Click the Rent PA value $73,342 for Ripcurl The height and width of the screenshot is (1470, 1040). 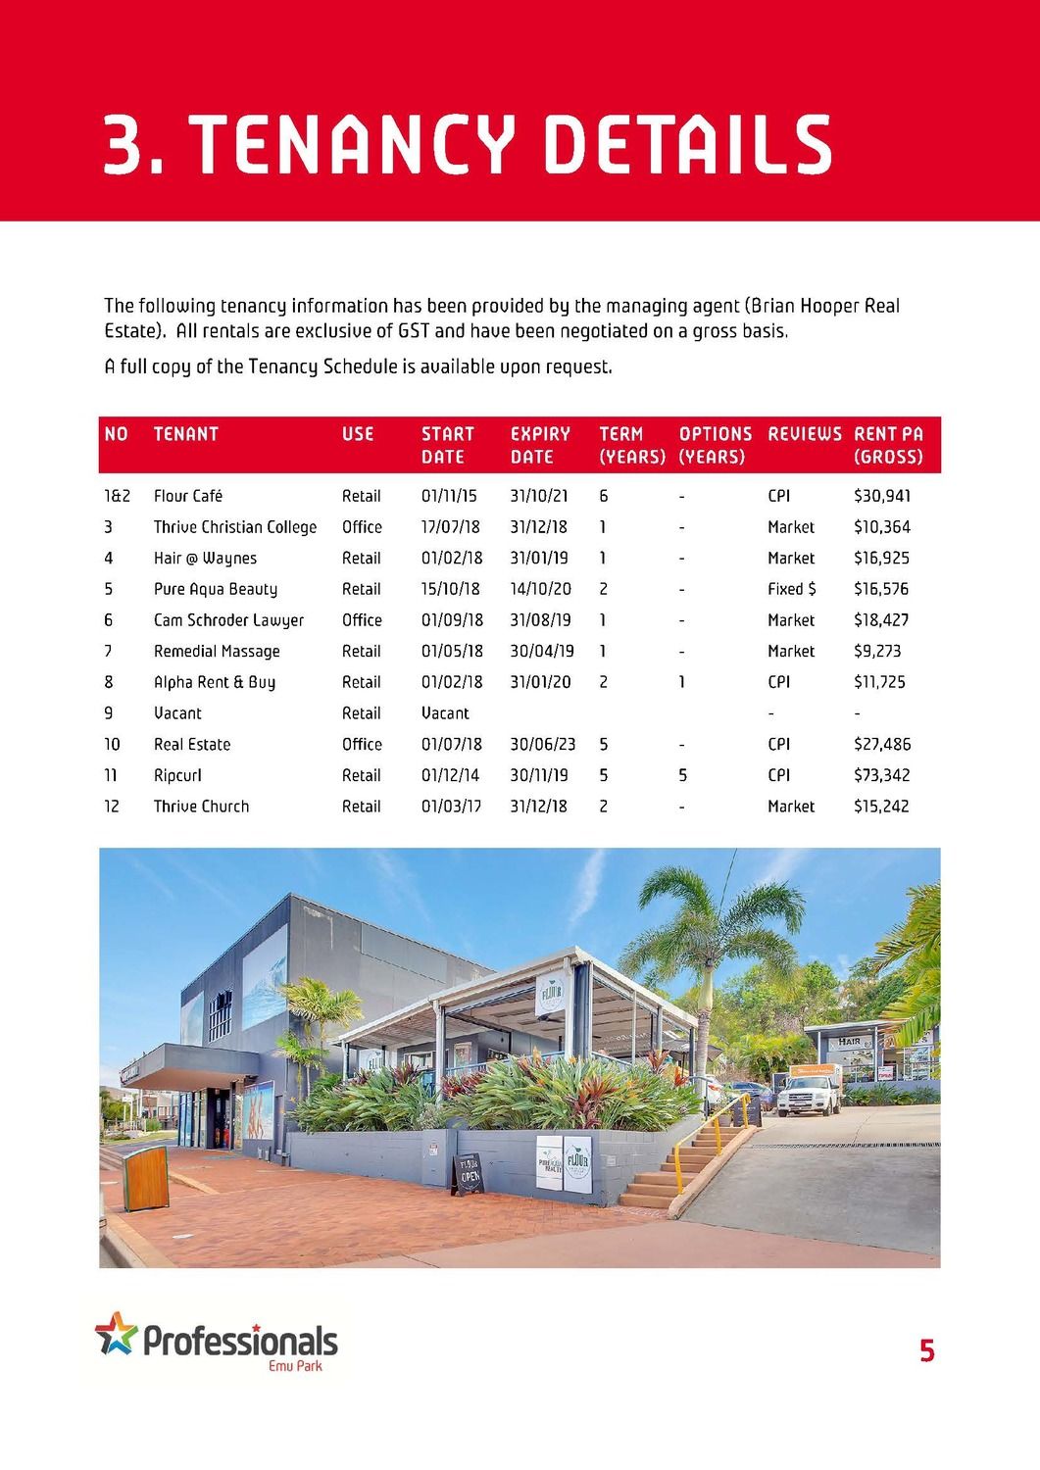coord(881,775)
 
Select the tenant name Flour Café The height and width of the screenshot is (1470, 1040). coord(187,496)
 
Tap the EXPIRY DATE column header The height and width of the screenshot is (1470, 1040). coord(540,445)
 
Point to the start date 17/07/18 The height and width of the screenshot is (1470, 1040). coord(450,527)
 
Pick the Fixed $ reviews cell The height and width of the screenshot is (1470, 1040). coord(791,589)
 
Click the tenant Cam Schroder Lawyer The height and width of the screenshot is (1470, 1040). coord(228,620)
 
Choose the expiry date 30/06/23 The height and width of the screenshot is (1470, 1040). coord(542,745)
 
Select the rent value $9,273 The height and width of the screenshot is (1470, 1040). coord(876,651)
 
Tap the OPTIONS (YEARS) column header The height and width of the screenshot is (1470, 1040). coord(715,445)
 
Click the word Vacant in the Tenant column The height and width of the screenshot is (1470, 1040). coord(177,713)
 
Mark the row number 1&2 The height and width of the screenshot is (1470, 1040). coord(117,496)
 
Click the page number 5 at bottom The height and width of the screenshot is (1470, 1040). coord(926,1351)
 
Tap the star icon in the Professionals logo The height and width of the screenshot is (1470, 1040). coord(116,1334)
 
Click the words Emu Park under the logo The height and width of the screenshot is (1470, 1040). coord(295,1366)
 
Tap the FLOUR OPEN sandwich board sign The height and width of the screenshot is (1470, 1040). coord(469,1172)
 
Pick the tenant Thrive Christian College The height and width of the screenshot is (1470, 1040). coord(235,527)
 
